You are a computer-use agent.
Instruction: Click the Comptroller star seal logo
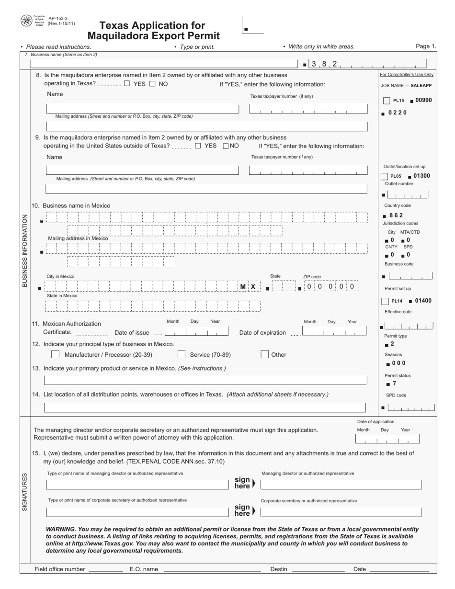pyautogui.click(x=26, y=21)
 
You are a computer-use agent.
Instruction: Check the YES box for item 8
pyautogui.click(x=127, y=84)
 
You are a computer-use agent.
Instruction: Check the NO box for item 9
pyautogui.click(x=226, y=146)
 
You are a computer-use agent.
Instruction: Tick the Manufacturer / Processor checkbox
pyautogui.click(x=55, y=355)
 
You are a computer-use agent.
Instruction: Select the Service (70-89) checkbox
pyautogui.click(x=182, y=355)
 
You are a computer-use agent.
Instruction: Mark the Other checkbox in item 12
pyautogui.click(x=265, y=355)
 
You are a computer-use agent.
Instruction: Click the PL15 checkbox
pyautogui.click(x=387, y=101)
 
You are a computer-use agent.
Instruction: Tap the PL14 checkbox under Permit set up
pyautogui.click(x=385, y=301)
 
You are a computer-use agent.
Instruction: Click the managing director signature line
pyautogui.click(x=341, y=485)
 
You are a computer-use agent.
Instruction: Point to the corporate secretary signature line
pyautogui.click(x=341, y=512)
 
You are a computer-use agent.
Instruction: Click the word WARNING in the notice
pyautogui.click(x=61, y=529)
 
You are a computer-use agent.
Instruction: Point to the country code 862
pyautogui.click(x=396, y=215)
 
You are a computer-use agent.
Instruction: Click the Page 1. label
pyautogui.click(x=426, y=46)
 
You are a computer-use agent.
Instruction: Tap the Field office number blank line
pyautogui.click(x=105, y=569)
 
